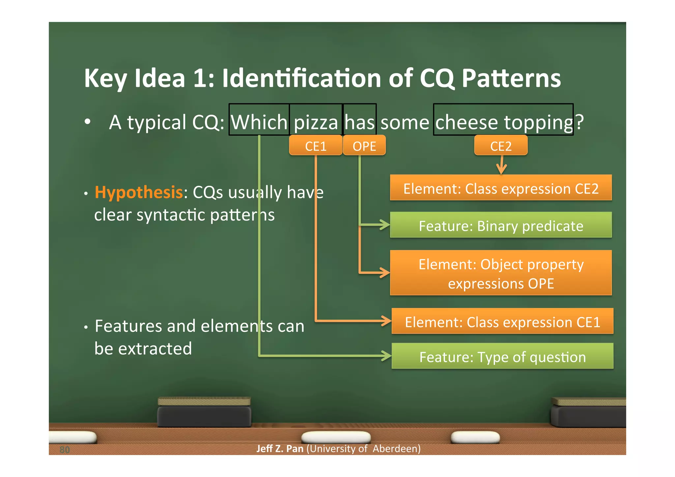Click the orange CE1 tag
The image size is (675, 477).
pyautogui.click(x=315, y=146)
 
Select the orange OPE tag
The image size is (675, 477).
pyautogui.click(x=364, y=146)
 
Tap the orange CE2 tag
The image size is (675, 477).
pyautogui.click(x=501, y=146)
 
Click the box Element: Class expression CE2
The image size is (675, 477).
pyautogui.click(x=501, y=188)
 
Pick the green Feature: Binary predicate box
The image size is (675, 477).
pyautogui.click(x=501, y=225)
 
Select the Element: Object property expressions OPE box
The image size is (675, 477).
pyautogui.click(x=501, y=273)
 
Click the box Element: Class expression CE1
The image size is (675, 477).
pyautogui.click(x=502, y=321)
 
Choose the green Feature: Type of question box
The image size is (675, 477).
pyautogui.click(x=502, y=356)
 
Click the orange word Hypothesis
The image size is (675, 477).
pyautogui.click(x=138, y=192)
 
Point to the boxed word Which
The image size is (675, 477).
pyautogui.click(x=259, y=122)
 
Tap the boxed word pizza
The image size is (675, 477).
pyautogui.click(x=316, y=122)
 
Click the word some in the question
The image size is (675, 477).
pyautogui.click(x=405, y=122)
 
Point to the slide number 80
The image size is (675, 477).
pyautogui.click(x=65, y=450)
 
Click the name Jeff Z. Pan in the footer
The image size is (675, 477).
pyautogui.click(x=280, y=449)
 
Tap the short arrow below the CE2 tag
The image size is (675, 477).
pyautogui.click(x=501, y=165)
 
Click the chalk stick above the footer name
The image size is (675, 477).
pyautogui.click(x=336, y=437)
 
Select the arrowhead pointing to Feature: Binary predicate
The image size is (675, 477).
pyautogui.click(x=384, y=225)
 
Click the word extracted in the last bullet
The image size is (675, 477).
pyautogui.click(x=155, y=349)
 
